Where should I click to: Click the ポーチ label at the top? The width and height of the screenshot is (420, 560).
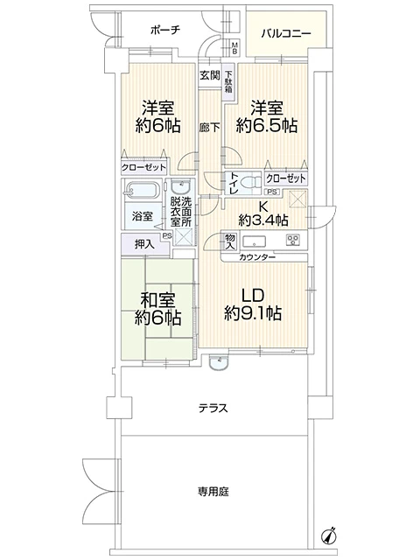pos(164,30)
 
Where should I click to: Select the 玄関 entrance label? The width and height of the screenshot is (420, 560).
pos(208,75)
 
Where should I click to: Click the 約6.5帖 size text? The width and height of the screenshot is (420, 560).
pos(269,126)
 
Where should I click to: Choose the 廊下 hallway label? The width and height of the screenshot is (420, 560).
pos(208,126)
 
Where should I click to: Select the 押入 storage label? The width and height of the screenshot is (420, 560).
pos(146,244)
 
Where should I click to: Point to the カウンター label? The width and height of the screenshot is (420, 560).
pos(258,256)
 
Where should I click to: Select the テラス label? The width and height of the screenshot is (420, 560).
pos(213,407)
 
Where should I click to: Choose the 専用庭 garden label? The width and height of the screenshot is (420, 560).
pos(213,492)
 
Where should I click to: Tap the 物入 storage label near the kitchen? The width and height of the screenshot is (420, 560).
pos(229,241)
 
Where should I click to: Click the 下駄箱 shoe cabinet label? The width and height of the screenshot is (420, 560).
pos(228,81)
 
